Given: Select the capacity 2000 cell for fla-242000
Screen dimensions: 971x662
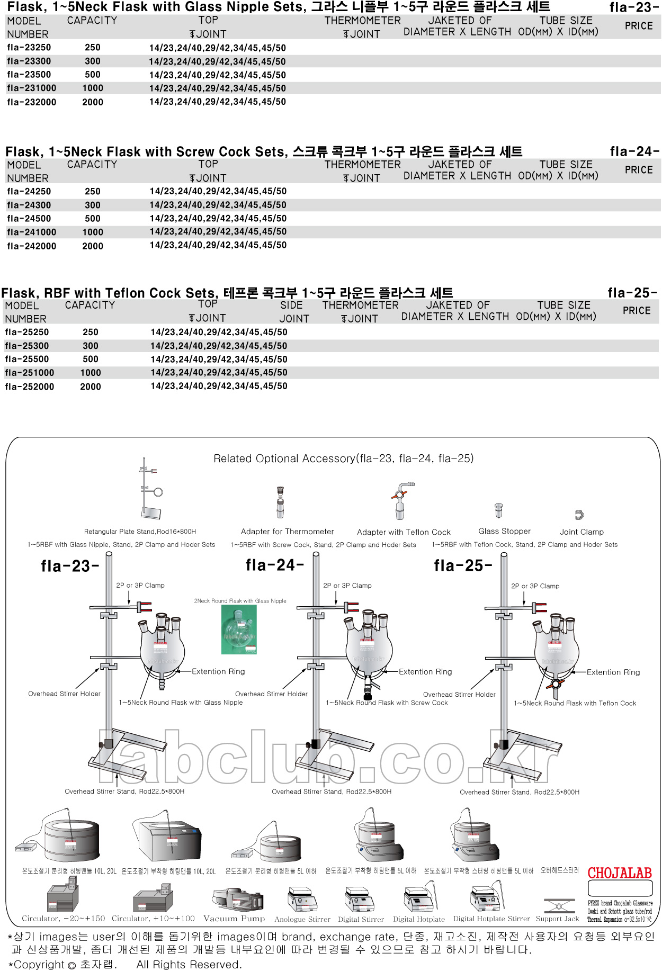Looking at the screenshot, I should tap(93, 246).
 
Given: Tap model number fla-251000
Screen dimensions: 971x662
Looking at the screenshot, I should tap(29, 373).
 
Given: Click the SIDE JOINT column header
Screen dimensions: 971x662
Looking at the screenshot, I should tap(293, 312).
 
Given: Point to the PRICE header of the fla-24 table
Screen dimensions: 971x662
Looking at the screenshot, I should tap(638, 170).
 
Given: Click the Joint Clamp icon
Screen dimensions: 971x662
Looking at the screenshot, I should tap(579, 515).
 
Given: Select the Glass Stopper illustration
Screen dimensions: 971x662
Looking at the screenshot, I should tap(498, 510).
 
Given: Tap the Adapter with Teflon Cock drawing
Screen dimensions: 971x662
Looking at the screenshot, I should tap(402, 500).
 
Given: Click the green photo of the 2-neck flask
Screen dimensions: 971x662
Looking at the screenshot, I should tap(239, 629).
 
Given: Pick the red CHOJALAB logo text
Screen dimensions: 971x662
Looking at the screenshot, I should tap(620, 873).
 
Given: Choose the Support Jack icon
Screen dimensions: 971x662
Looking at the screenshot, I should tap(558, 906).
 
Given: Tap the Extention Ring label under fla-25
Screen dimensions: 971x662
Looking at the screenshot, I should tap(613, 672).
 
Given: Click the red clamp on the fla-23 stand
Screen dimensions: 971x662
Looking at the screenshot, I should tap(144, 607).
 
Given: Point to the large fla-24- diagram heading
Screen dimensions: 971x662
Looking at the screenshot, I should tap(274, 565).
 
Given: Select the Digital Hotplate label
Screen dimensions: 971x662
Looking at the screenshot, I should tap(418, 919).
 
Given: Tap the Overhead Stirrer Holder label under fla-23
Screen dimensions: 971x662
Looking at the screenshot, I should tap(64, 694).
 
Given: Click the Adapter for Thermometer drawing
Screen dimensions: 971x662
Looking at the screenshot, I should tap(280, 502).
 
